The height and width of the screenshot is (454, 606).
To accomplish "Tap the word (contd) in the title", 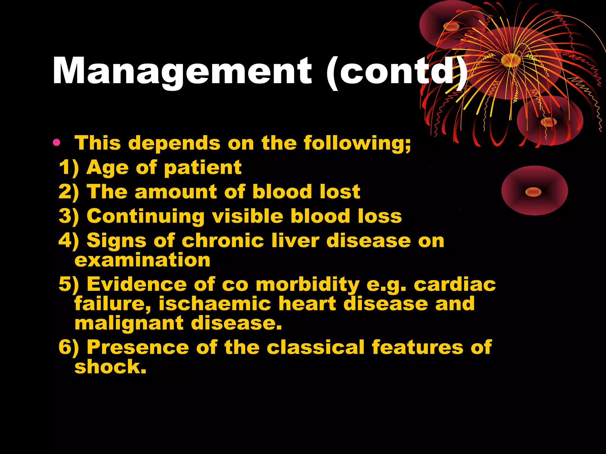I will coord(397,72).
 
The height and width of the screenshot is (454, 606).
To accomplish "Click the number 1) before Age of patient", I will coord(69,168).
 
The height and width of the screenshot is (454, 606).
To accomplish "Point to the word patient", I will coord(203,168).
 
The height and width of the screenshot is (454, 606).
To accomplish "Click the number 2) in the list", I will coord(69,192).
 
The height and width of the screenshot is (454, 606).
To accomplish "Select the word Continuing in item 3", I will coord(146,216).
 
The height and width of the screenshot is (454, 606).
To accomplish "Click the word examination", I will coord(142,260).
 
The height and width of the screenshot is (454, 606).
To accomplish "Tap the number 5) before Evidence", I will coord(69,284).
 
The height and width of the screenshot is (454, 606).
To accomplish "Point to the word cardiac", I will coord(454,284).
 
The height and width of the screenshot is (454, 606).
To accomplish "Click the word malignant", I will coord(129,323).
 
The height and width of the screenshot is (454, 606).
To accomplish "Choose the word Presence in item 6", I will coord(138,347).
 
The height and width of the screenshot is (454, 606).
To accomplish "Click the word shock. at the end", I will coord(110,367).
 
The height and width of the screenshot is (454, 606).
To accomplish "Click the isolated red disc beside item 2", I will coord(534,191).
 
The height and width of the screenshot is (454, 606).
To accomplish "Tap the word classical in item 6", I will coord(315,347).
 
